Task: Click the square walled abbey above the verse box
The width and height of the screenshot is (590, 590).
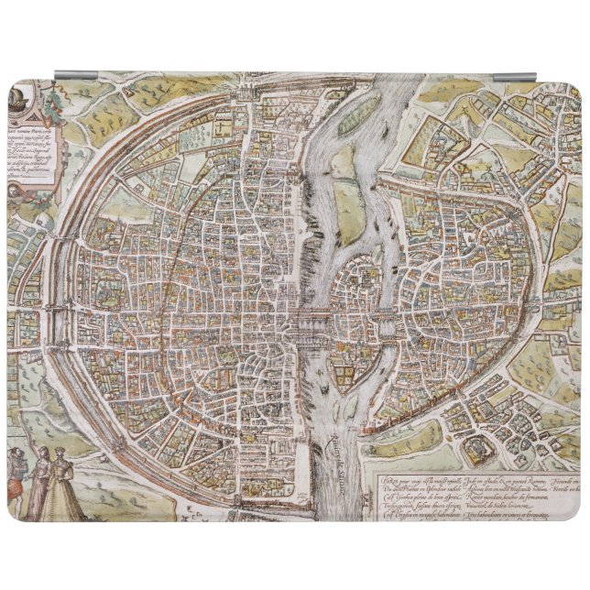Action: tap(477, 449)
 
